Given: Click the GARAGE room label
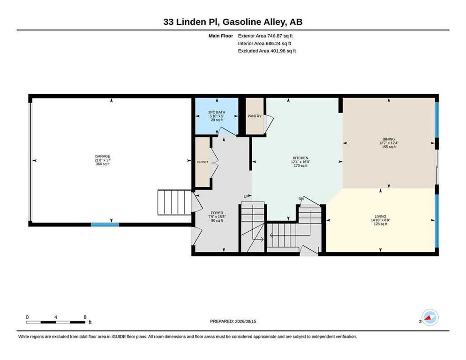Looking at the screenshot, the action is tap(103, 156).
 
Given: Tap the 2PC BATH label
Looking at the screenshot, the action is tap(217, 112).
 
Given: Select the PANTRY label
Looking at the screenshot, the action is tap(255, 116).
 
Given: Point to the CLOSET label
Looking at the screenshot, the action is tap(203, 162).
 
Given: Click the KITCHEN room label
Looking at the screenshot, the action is tap(301, 158).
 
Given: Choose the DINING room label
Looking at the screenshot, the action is tap(389, 139).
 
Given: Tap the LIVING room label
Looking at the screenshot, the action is tap(380, 217).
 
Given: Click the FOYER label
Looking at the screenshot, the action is tap(217, 213).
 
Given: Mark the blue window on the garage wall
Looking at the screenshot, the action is tap(105, 225).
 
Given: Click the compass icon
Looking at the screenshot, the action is tap(430, 317).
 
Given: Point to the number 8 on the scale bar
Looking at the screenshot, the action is tap(85, 317).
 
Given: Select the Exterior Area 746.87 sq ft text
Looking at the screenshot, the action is tap(265, 36).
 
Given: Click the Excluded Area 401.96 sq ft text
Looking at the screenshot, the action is tap(267, 51).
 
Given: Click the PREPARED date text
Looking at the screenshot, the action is tap(233, 322).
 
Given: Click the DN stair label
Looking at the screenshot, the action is tap(301, 199).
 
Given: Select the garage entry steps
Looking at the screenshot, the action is tap(174, 202).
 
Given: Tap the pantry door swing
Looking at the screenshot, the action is tap(269, 124).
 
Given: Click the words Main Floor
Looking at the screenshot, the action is tap(220, 36).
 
